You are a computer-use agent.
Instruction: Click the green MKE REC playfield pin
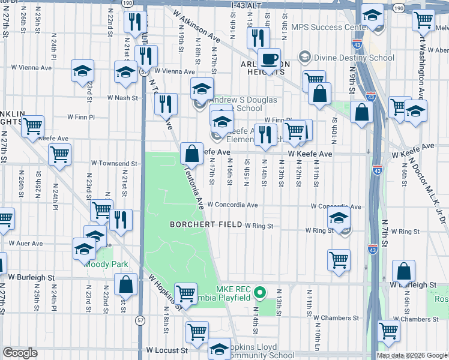tap(259, 293)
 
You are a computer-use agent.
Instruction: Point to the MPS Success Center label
tap(330, 28)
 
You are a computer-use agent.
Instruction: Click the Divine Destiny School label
tap(348, 58)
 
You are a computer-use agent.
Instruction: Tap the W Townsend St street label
tap(114, 163)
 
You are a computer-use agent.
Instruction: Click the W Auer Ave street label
tap(26, 244)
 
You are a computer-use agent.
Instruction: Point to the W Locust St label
tap(167, 349)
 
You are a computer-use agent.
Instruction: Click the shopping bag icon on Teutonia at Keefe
tap(191, 153)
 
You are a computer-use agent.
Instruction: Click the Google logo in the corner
tap(20, 353)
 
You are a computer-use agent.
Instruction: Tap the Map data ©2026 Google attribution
tap(411, 355)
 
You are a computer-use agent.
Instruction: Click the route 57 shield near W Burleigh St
tap(140, 321)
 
